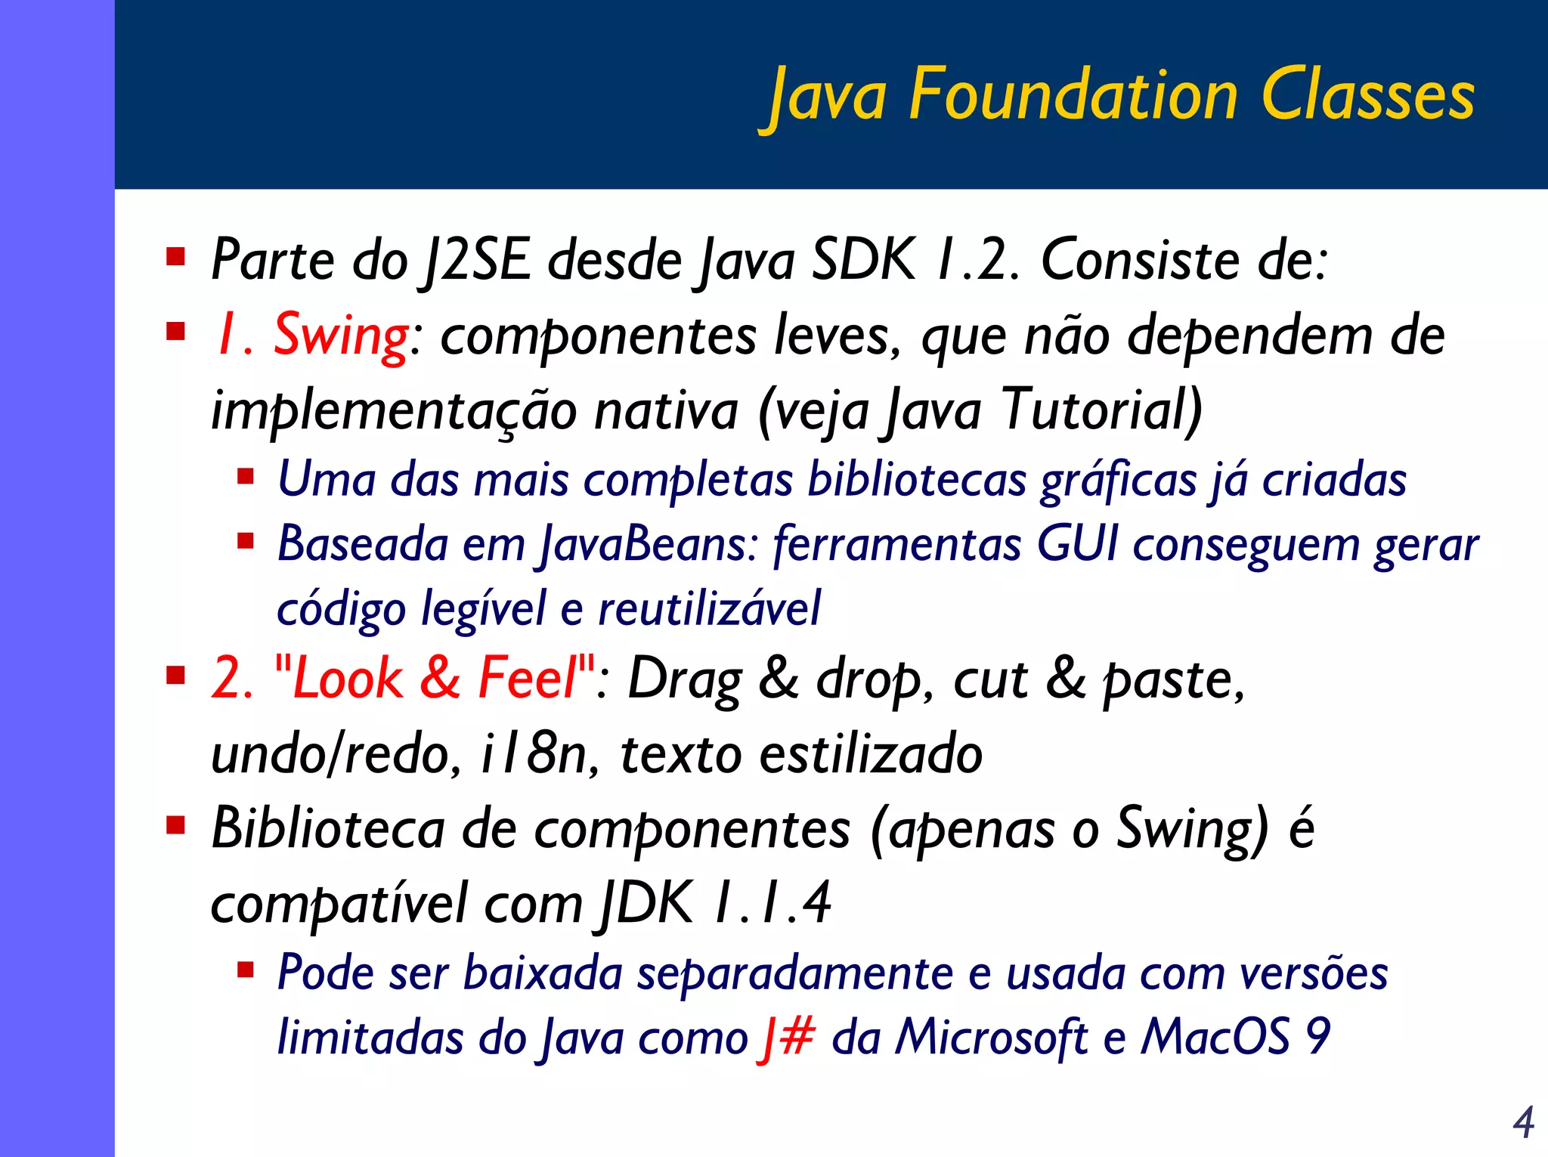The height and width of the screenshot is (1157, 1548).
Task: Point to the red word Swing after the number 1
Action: click(341, 336)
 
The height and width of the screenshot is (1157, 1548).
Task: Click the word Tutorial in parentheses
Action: click(1101, 410)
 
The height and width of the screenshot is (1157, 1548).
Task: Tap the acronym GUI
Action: click(1077, 544)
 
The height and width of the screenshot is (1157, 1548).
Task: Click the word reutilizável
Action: click(709, 609)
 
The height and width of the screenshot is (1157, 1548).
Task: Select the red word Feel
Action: click(528, 678)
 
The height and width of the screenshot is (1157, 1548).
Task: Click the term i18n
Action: click(534, 754)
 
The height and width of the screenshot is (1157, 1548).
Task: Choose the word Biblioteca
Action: click(328, 829)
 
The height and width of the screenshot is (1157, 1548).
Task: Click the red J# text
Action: click(787, 1037)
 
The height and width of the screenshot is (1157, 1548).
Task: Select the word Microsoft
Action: click(991, 1037)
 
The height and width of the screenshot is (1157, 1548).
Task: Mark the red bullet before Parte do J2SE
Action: click(176, 258)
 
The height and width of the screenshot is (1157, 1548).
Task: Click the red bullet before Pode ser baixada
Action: click(246, 970)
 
